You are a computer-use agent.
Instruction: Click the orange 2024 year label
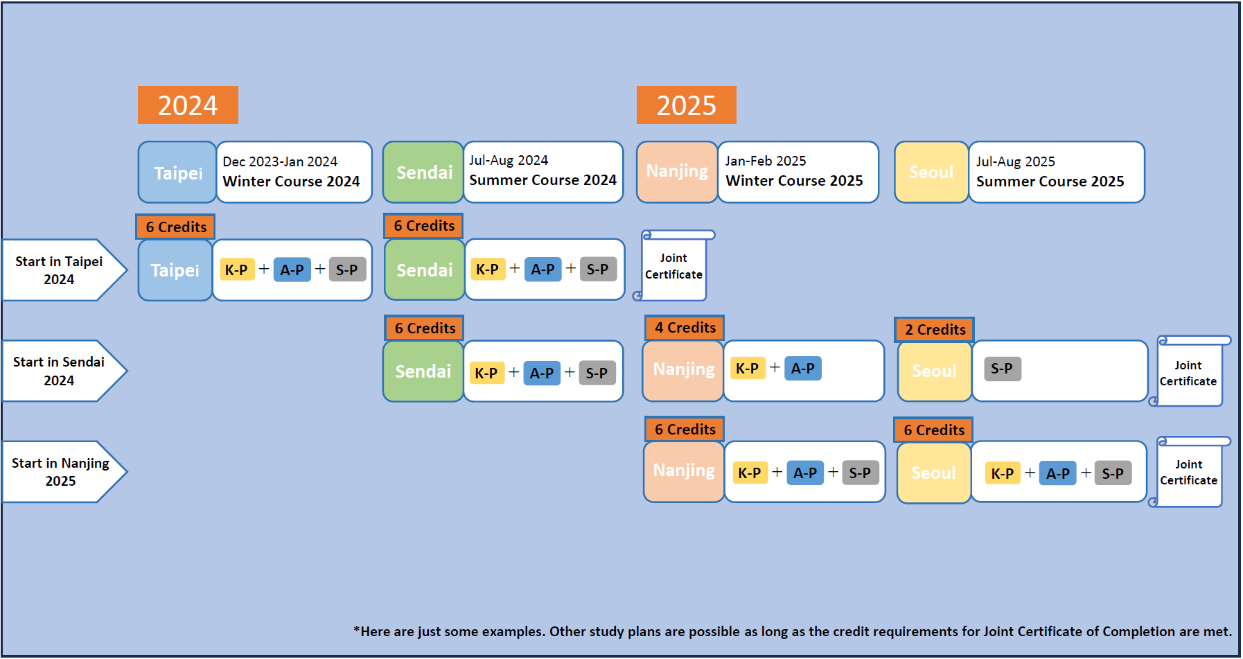[188, 105]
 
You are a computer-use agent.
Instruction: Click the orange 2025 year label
[687, 105]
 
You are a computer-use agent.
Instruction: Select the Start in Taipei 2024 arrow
[64, 270]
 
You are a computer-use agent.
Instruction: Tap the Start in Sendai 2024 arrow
[64, 371]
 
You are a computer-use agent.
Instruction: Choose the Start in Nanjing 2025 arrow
[64, 472]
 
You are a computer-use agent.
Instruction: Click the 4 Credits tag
[685, 328]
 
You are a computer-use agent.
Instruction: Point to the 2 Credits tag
[935, 329]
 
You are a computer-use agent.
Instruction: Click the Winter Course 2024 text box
[294, 172]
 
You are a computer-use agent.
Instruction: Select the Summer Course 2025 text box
[1056, 172]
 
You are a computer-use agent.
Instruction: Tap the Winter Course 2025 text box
[798, 172]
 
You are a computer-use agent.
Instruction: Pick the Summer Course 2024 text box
[543, 172]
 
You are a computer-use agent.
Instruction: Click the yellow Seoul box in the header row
[931, 172]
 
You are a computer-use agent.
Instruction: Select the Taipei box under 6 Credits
[175, 270]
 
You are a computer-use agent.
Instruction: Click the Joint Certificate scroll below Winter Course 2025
[673, 266]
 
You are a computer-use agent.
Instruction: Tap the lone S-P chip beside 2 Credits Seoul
[1002, 369]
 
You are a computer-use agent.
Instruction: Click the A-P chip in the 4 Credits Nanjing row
[803, 368]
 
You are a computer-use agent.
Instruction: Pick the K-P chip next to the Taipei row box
[236, 270]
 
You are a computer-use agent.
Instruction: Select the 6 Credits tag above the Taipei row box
[175, 227]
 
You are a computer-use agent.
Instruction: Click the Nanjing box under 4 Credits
[683, 371]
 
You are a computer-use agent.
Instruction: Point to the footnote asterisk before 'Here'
[356, 630]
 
